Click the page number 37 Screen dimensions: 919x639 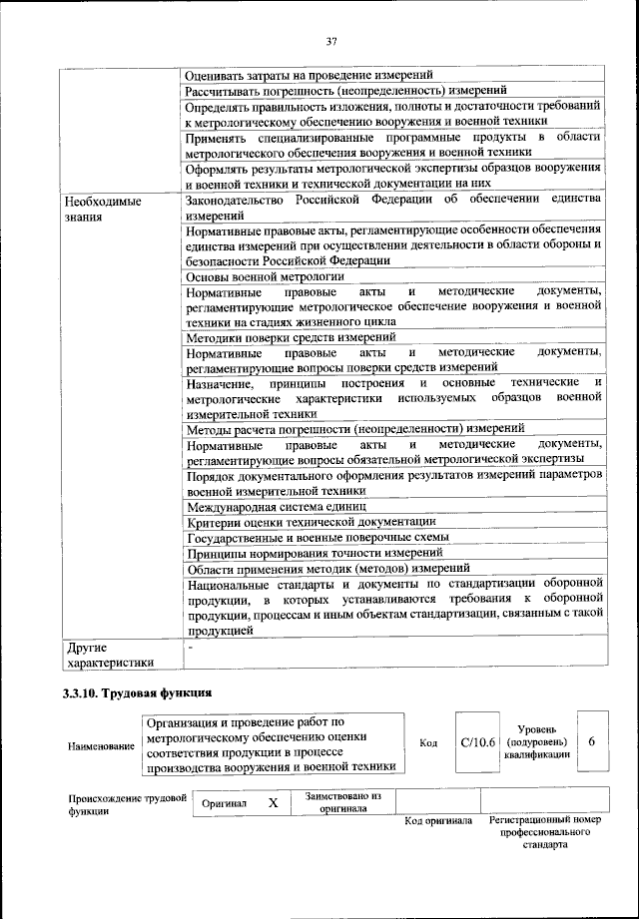click(x=331, y=42)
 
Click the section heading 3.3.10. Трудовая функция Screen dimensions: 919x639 click(x=138, y=692)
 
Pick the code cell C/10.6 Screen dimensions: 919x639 click(x=477, y=743)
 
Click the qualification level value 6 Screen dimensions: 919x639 click(x=592, y=743)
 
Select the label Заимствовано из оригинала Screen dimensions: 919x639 click(x=342, y=802)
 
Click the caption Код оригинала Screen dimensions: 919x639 click(x=437, y=821)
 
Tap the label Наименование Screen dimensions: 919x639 click(x=101, y=745)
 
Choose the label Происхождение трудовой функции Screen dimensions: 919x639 click(x=127, y=803)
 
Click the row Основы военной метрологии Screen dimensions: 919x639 click(x=266, y=275)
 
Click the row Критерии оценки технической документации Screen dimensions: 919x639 click(x=311, y=521)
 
